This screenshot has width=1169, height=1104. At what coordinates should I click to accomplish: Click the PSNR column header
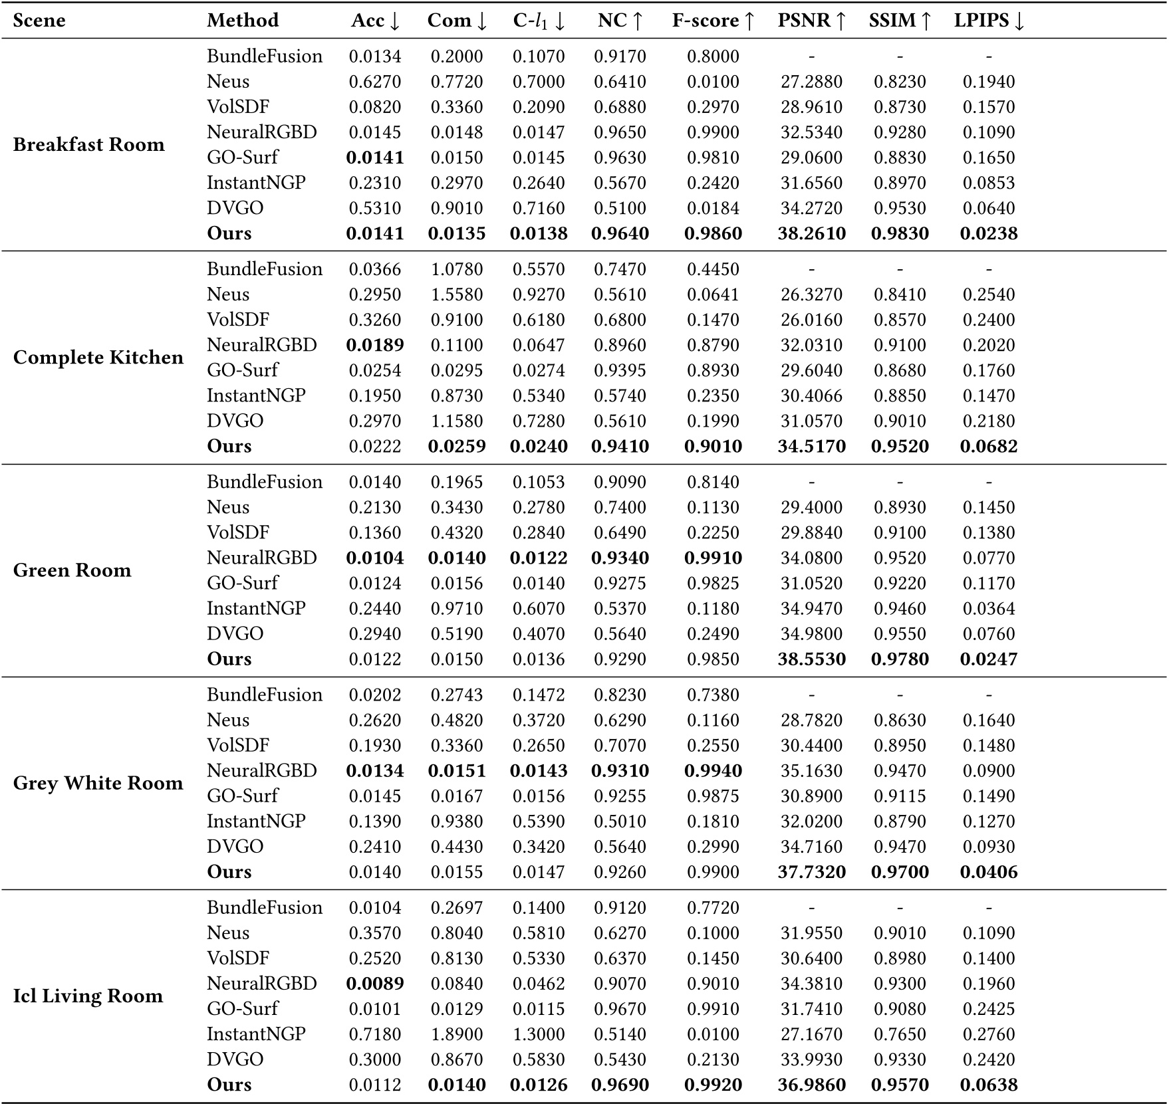811,21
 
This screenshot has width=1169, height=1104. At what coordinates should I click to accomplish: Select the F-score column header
713,21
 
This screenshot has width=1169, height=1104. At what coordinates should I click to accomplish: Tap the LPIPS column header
989,21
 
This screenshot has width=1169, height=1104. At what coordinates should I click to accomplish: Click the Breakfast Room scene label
88,145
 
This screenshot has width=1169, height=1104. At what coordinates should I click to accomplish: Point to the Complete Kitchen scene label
98,358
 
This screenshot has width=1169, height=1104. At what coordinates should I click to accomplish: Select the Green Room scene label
72,570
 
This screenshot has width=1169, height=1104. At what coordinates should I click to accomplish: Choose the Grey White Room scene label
98,783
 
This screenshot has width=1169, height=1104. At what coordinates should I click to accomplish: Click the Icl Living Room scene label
88,996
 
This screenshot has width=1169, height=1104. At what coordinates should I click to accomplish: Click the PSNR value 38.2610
811,233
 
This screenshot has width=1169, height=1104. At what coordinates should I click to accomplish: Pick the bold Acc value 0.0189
375,345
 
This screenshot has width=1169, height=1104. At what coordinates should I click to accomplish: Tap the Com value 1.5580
457,294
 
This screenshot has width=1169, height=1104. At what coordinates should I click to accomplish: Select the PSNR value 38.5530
811,659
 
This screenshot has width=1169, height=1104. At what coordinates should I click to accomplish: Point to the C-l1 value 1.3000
539,1034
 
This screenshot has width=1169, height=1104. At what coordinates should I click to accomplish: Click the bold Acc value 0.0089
375,984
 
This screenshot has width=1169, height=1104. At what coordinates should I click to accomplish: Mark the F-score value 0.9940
713,771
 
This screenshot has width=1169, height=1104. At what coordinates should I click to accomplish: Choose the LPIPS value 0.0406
989,872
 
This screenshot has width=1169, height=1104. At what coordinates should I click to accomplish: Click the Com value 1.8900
457,1034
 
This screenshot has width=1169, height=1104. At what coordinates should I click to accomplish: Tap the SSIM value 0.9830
900,233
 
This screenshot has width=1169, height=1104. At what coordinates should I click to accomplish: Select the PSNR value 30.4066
811,396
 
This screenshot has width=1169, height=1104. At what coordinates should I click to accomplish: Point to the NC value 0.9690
620,1085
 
